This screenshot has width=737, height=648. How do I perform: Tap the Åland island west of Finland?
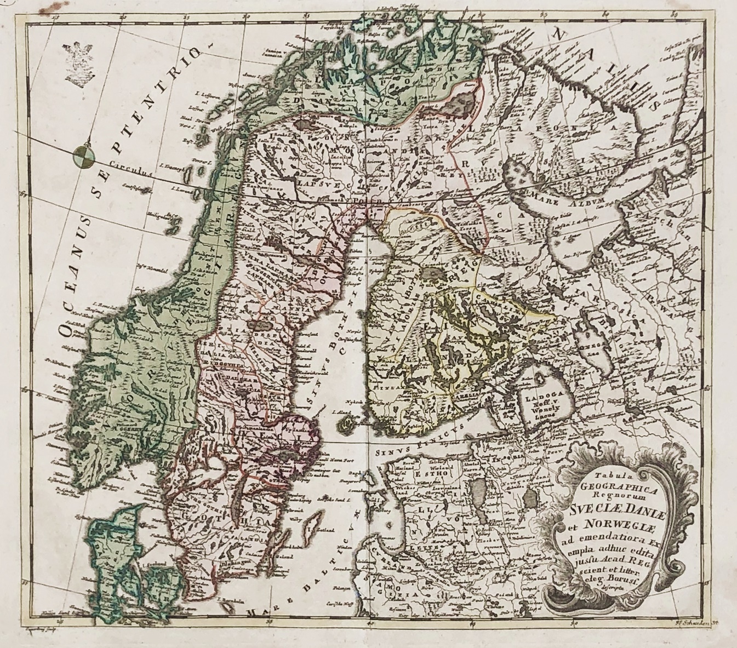coord(346,423)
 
